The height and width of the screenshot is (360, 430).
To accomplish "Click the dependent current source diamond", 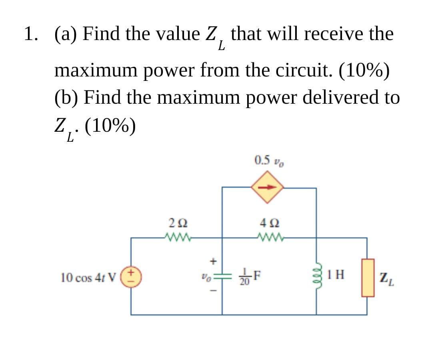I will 267,187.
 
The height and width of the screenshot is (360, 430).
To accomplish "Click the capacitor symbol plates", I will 222,276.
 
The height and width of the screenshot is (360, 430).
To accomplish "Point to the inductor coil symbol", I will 317,276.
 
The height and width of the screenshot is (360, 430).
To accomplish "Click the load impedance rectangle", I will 368,277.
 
